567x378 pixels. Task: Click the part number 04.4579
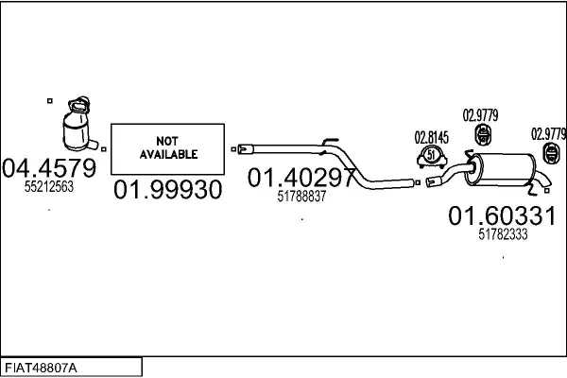coord(49,168)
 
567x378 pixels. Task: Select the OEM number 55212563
coord(49,187)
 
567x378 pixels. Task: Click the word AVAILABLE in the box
coord(169,152)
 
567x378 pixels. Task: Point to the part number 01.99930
coord(168,190)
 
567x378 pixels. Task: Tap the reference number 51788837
coord(301,197)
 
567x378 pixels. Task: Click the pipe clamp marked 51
coord(431,156)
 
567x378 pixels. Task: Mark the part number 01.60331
coord(501,216)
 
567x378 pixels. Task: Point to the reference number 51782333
coord(503,235)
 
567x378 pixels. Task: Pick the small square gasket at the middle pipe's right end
coord(416,181)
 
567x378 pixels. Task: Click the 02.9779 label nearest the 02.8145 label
coord(479,116)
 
